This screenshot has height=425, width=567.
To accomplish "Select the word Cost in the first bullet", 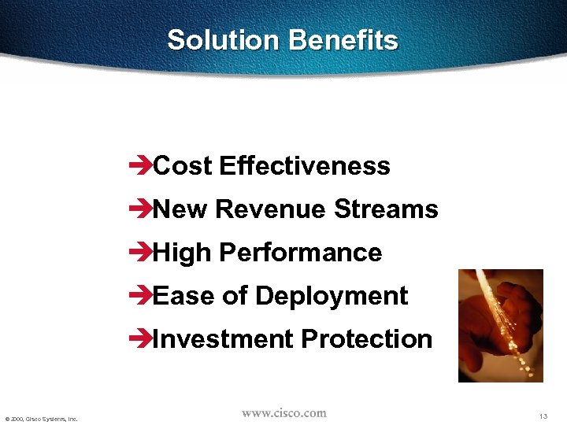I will point(183,166).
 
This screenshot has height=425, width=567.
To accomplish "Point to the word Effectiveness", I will point(305,166).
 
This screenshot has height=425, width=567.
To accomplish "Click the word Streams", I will point(386,209).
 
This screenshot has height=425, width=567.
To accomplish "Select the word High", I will point(183,253).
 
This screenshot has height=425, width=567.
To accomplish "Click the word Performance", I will point(300,253).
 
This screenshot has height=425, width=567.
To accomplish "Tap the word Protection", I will point(366,339).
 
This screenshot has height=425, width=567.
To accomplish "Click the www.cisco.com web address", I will point(283,413).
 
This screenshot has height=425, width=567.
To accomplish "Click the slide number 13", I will point(543,416).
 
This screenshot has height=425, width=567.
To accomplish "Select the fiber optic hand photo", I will point(501,325).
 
